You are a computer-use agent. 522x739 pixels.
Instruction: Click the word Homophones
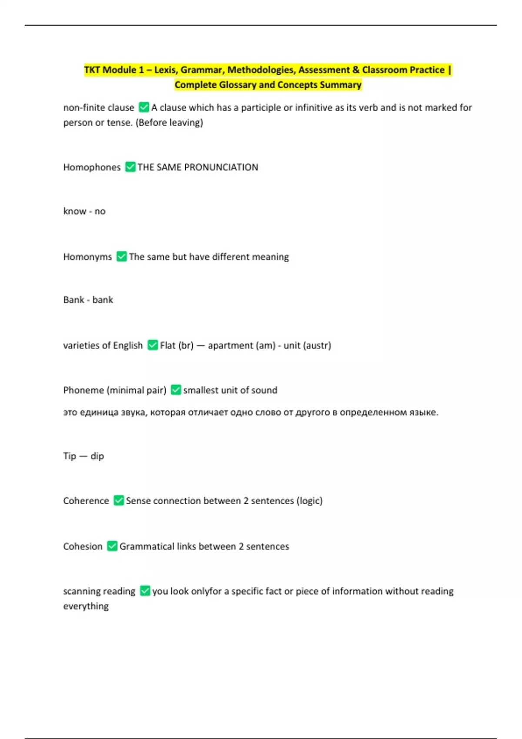coord(92,167)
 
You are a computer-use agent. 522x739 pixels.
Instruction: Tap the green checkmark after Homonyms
coord(122,256)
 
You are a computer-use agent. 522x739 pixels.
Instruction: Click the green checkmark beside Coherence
coord(119,500)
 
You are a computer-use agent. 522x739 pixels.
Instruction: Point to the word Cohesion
coord(83,546)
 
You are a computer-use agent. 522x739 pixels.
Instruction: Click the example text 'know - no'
coord(84,211)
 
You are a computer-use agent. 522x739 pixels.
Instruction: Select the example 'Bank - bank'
coord(88,300)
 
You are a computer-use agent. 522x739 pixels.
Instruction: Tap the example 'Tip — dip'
coord(84,456)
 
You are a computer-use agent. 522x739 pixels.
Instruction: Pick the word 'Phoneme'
coord(83,390)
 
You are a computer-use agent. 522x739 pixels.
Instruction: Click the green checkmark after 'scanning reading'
coord(145,591)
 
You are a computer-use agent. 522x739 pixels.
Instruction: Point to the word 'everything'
coord(86,606)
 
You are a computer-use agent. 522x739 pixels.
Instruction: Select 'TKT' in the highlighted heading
coord(92,70)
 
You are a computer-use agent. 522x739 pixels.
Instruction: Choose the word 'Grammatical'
coord(146,546)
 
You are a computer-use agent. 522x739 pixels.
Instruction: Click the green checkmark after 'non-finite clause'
coord(144,107)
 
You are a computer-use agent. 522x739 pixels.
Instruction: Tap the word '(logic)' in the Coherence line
coord(309,501)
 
